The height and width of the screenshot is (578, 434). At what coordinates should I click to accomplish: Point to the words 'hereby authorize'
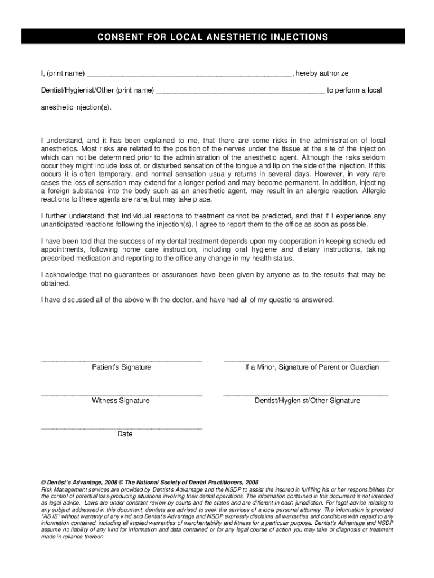point(322,73)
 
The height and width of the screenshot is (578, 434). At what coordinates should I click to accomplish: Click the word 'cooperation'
point(302,241)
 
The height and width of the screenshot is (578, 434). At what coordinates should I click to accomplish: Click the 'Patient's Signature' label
point(121,367)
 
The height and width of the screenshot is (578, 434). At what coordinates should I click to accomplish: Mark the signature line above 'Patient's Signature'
point(121,360)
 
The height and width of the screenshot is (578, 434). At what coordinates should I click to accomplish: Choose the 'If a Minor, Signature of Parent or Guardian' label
point(311,367)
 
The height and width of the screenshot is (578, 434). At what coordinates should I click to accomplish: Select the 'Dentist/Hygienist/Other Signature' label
point(307,401)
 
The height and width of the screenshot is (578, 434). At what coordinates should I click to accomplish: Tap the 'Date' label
point(125,434)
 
